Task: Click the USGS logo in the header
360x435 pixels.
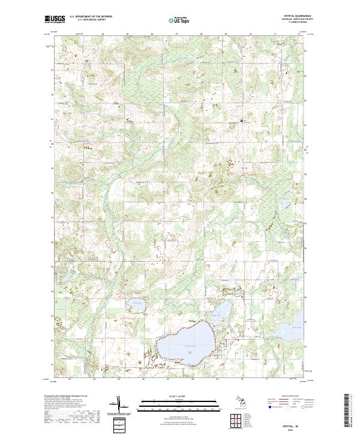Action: pyautogui.click(x=56, y=20)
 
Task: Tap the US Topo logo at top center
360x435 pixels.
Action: pyautogui.click(x=179, y=20)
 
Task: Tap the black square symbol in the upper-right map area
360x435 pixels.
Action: pyautogui.click(x=242, y=121)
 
